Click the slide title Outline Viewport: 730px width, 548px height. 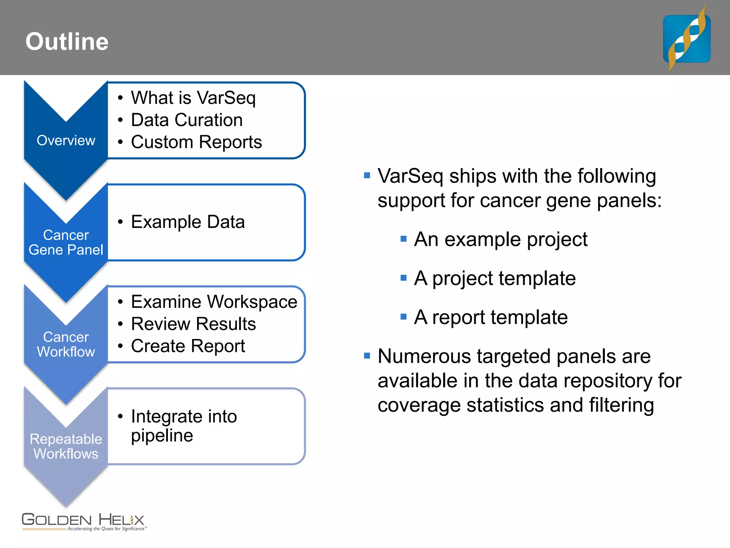click(x=67, y=42)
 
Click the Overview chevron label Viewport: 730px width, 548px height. click(x=66, y=141)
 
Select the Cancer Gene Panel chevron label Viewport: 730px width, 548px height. click(x=66, y=243)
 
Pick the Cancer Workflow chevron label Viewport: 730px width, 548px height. click(x=66, y=345)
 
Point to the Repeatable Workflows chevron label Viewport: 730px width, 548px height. click(x=66, y=446)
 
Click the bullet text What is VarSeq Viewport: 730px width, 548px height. click(x=193, y=98)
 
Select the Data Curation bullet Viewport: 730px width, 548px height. click(x=187, y=120)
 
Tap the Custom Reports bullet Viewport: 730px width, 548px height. click(x=196, y=142)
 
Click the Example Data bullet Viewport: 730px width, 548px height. click(x=188, y=222)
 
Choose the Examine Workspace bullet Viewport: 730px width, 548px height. click(x=214, y=302)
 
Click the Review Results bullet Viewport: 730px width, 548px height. click(x=193, y=324)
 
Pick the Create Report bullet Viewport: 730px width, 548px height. click(x=188, y=346)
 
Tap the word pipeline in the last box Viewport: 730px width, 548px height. click(x=162, y=436)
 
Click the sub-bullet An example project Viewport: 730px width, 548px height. click(x=500, y=239)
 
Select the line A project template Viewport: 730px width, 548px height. click(x=495, y=278)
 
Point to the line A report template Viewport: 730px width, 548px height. click(x=491, y=317)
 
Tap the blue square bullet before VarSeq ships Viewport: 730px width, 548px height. click(x=367, y=175)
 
